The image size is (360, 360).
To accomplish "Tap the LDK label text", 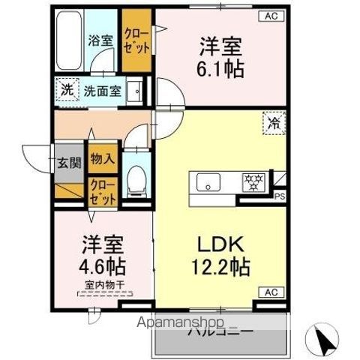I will coord(220,245).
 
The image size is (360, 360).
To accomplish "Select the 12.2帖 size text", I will coord(220,266).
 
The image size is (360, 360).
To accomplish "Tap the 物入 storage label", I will coord(102,159).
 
